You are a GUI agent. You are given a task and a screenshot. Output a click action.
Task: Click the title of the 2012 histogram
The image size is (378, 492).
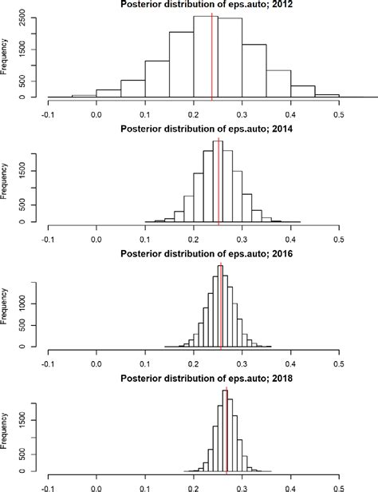(193, 6)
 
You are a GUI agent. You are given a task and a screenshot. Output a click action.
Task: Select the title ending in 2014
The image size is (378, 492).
(193, 129)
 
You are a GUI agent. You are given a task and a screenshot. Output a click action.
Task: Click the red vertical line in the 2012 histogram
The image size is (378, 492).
(212, 56)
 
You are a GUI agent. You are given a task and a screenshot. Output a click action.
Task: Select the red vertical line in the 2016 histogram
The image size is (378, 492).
(221, 307)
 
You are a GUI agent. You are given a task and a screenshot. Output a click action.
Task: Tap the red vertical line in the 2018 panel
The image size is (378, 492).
(226, 431)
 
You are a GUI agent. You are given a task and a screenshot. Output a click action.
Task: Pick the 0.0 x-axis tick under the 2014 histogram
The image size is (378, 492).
(96, 238)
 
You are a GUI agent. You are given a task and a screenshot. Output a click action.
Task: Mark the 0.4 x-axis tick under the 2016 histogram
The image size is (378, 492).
(290, 362)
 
